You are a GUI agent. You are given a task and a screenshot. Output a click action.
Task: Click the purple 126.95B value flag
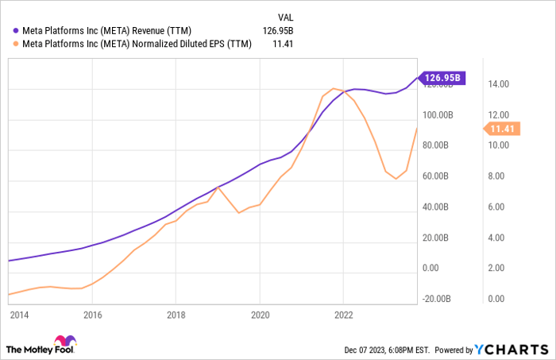(442, 78)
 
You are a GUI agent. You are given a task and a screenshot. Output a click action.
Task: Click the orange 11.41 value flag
(501, 130)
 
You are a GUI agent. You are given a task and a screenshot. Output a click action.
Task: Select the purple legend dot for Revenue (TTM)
(16, 31)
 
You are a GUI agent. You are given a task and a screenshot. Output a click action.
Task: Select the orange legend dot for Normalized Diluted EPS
(16, 45)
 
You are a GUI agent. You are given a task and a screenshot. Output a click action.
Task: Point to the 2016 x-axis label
(92, 315)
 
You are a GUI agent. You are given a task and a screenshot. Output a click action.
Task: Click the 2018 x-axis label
(176, 315)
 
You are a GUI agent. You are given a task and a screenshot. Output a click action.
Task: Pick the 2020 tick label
(259, 315)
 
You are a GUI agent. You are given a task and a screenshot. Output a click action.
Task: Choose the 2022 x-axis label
(343, 315)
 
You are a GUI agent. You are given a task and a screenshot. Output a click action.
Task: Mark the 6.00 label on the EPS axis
(500, 207)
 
